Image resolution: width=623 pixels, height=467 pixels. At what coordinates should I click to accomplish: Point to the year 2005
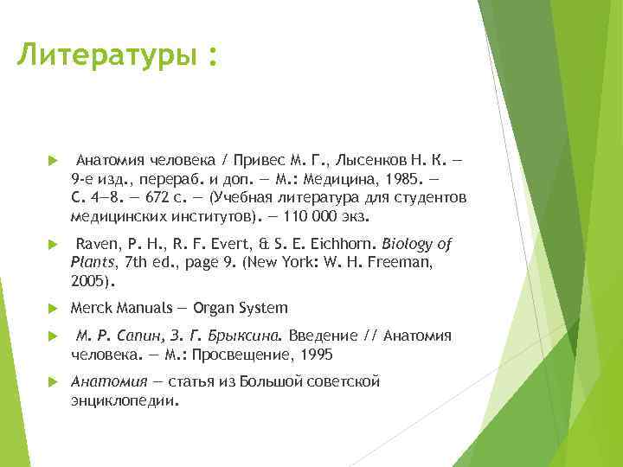click(88, 281)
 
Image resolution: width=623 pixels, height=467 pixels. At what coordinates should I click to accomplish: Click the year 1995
click(316, 355)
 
